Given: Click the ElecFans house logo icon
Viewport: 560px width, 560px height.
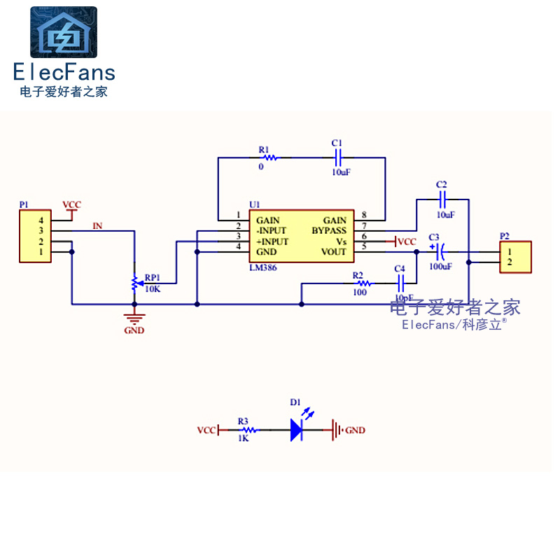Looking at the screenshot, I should click(64, 32).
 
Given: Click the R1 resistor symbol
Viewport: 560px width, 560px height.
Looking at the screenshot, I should click(269, 158).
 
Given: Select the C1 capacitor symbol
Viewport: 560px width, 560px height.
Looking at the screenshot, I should click(337, 158).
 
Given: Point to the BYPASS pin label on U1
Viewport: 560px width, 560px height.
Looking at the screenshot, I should click(329, 231).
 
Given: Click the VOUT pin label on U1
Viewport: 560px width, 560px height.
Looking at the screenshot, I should click(333, 252).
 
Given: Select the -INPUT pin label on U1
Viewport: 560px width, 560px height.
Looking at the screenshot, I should click(272, 231).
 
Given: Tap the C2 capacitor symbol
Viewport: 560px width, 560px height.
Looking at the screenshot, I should click(442, 199).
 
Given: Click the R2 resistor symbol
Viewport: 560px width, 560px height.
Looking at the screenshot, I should click(363, 283).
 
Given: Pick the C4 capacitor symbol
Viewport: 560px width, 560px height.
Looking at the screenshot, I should click(401, 283).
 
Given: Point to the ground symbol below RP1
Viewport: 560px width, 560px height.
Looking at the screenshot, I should click(134, 316).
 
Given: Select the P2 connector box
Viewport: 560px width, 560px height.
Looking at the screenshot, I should click(514, 257).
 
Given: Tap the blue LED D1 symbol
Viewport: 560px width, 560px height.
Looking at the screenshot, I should click(297, 430).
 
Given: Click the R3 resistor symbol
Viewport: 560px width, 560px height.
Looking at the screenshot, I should click(244, 430).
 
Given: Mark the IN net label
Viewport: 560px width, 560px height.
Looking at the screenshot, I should click(98, 226).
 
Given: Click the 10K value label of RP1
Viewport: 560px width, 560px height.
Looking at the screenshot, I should click(153, 288).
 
